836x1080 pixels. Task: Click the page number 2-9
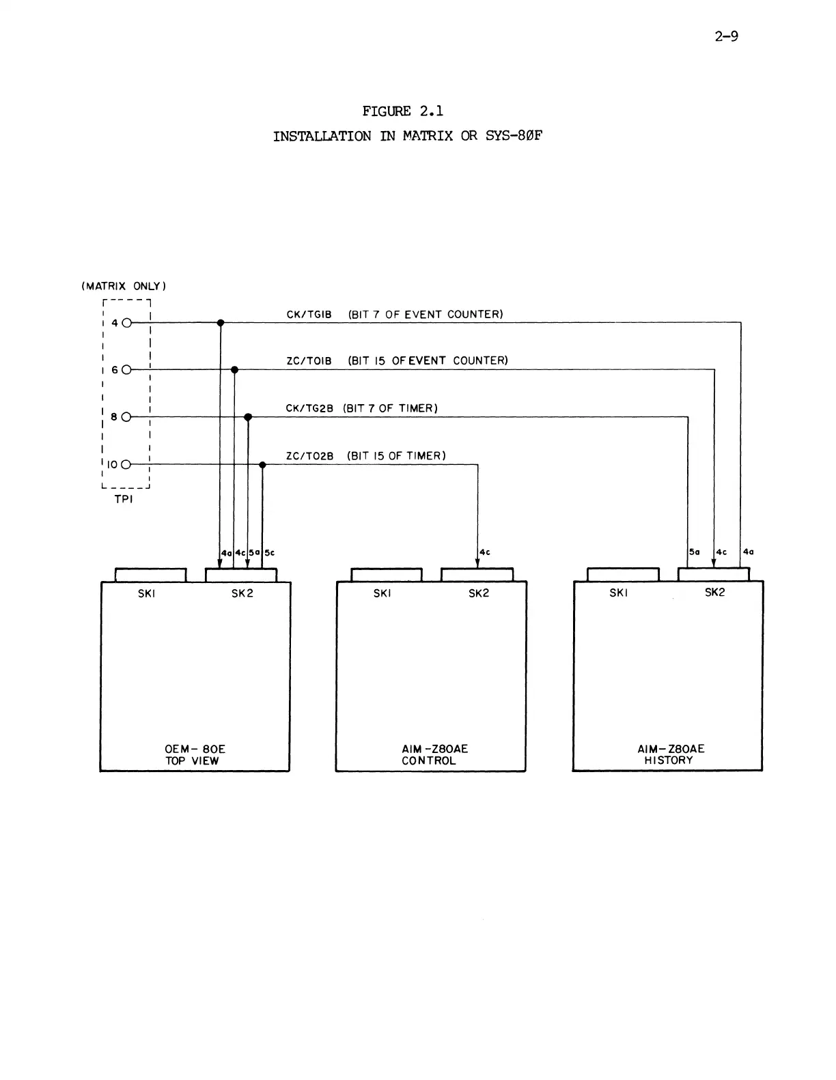pos(726,36)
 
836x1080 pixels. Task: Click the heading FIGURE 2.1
pos(403,111)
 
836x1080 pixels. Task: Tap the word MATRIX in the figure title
pos(427,136)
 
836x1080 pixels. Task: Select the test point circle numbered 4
pos(126,322)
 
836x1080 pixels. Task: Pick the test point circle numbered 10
pos(126,464)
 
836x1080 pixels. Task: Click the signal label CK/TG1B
pos(309,315)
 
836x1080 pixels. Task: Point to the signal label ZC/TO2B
pos(309,456)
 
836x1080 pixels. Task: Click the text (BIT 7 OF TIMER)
pos(390,408)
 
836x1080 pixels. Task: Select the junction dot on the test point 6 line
pos(234,369)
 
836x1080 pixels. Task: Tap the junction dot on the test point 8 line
pos(248,416)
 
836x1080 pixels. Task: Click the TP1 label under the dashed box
pos(124,500)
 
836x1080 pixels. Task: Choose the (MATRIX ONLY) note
pos(124,286)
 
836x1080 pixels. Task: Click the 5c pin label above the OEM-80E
pos(270,552)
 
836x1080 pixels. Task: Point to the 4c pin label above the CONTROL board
pos(485,552)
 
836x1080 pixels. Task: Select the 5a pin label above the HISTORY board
pos(695,552)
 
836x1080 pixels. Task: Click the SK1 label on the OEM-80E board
pos(147,593)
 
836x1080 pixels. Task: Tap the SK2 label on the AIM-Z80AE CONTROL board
pos(479,593)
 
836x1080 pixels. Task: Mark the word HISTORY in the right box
pos(669,761)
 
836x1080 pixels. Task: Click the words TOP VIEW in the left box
pos(192,761)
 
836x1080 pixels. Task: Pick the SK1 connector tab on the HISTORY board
pos(623,574)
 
